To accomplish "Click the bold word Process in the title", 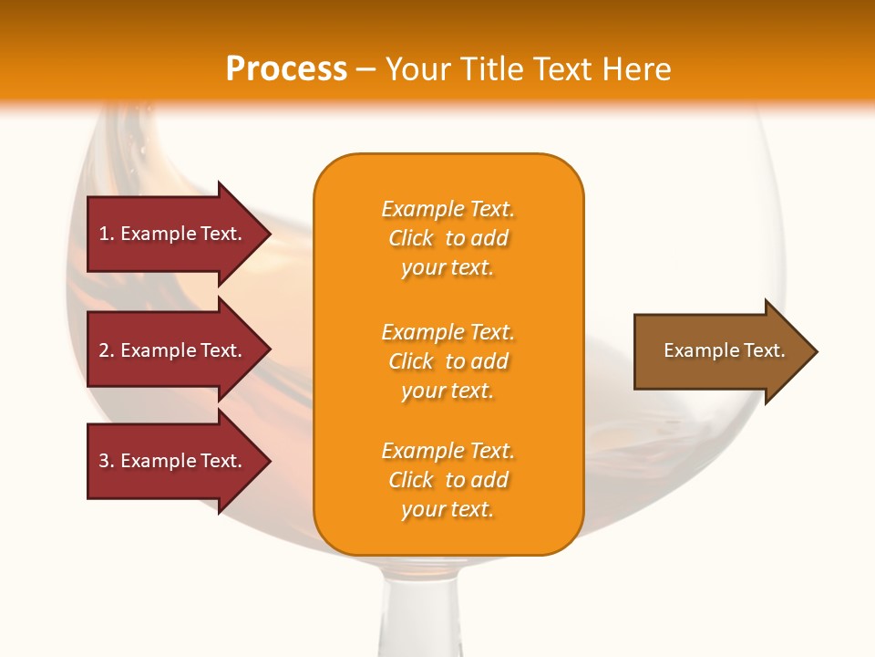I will click(286, 69).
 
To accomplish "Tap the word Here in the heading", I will click(636, 69).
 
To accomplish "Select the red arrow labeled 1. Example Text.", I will click(173, 234).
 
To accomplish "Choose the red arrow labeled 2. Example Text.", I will click(173, 350).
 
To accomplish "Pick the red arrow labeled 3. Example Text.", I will click(173, 461).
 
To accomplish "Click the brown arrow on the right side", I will click(720, 351).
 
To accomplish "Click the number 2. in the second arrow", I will click(107, 350).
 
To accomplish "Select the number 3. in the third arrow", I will click(107, 461).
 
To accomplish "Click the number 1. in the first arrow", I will click(107, 234).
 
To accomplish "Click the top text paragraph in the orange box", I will click(448, 238).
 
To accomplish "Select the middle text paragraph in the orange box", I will click(448, 361).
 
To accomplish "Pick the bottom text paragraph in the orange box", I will click(448, 480).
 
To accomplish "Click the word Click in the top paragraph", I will click(411, 238).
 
